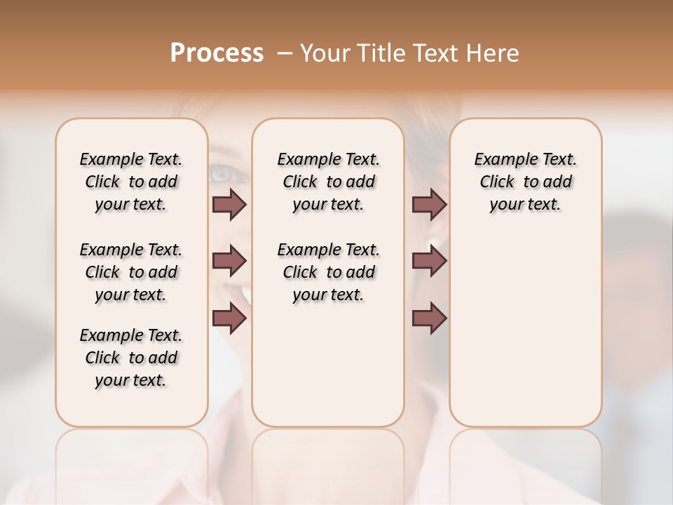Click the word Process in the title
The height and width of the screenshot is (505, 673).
click(x=217, y=53)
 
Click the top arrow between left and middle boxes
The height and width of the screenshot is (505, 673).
click(x=229, y=204)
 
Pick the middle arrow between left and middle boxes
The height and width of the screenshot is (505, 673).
click(x=229, y=262)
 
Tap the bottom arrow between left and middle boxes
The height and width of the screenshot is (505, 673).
click(x=229, y=318)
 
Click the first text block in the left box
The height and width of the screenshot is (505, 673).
click(x=131, y=182)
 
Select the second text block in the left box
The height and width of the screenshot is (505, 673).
click(x=131, y=272)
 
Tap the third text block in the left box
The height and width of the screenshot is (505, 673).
click(x=131, y=358)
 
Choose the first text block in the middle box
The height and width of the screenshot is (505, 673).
click(x=328, y=182)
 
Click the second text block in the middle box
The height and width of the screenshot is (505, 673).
click(x=328, y=272)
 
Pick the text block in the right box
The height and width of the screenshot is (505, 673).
click(x=525, y=182)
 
